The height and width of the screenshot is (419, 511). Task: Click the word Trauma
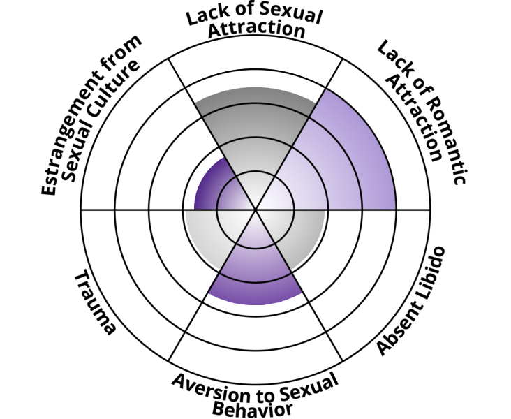95,303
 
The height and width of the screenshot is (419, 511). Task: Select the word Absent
396,331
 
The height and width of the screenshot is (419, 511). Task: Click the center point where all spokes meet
256,209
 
